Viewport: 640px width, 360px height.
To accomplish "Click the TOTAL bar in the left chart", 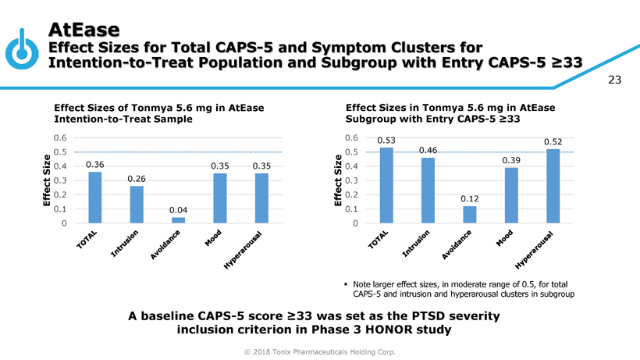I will [95, 197].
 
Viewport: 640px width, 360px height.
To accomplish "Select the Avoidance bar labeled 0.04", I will [179, 220].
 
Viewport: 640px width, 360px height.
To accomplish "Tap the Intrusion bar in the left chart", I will [137, 204].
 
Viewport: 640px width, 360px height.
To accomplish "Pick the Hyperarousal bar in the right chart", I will [553, 186].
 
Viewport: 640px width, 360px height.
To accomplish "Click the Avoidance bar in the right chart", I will [470, 214].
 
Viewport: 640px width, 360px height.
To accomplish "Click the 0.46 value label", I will [428, 150].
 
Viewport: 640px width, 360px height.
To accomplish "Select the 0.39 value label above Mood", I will [511, 160].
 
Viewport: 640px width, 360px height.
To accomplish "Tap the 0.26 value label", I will [137, 179].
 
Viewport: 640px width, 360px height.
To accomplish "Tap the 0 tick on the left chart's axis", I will [62, 223].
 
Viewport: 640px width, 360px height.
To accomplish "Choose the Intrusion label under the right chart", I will [417, 244].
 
